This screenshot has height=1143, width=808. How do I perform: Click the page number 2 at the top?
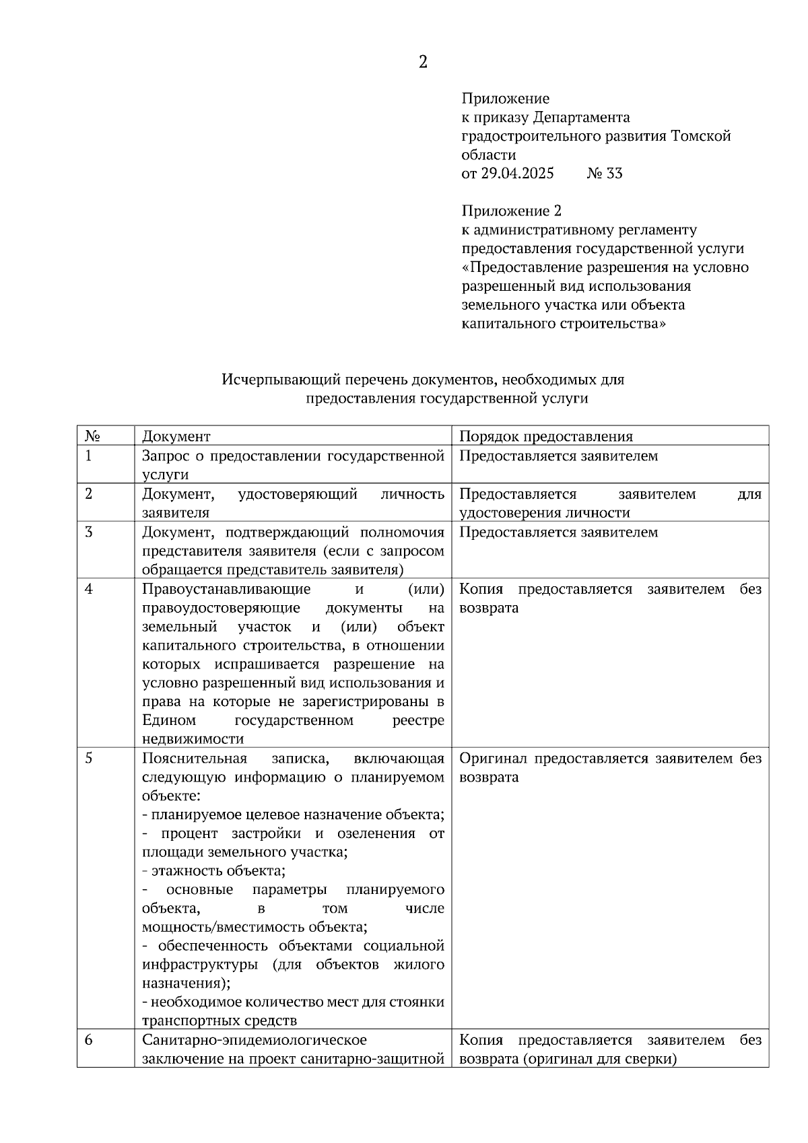pos(423,63)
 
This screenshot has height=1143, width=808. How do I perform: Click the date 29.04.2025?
pos(517,174)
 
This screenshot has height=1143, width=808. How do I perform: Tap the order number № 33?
pos(605,174)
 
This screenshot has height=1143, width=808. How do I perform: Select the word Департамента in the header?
pos(582,118)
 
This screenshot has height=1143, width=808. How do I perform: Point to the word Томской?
pos(701,137)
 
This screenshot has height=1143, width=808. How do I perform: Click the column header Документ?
pos(176,436)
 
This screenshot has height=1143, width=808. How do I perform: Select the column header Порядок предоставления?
pos(545,436)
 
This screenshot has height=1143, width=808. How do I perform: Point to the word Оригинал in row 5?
pos(493,759)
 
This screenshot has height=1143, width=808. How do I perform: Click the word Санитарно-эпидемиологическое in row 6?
pos(254,1040)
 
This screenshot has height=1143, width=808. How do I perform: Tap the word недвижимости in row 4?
pos(193,739)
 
